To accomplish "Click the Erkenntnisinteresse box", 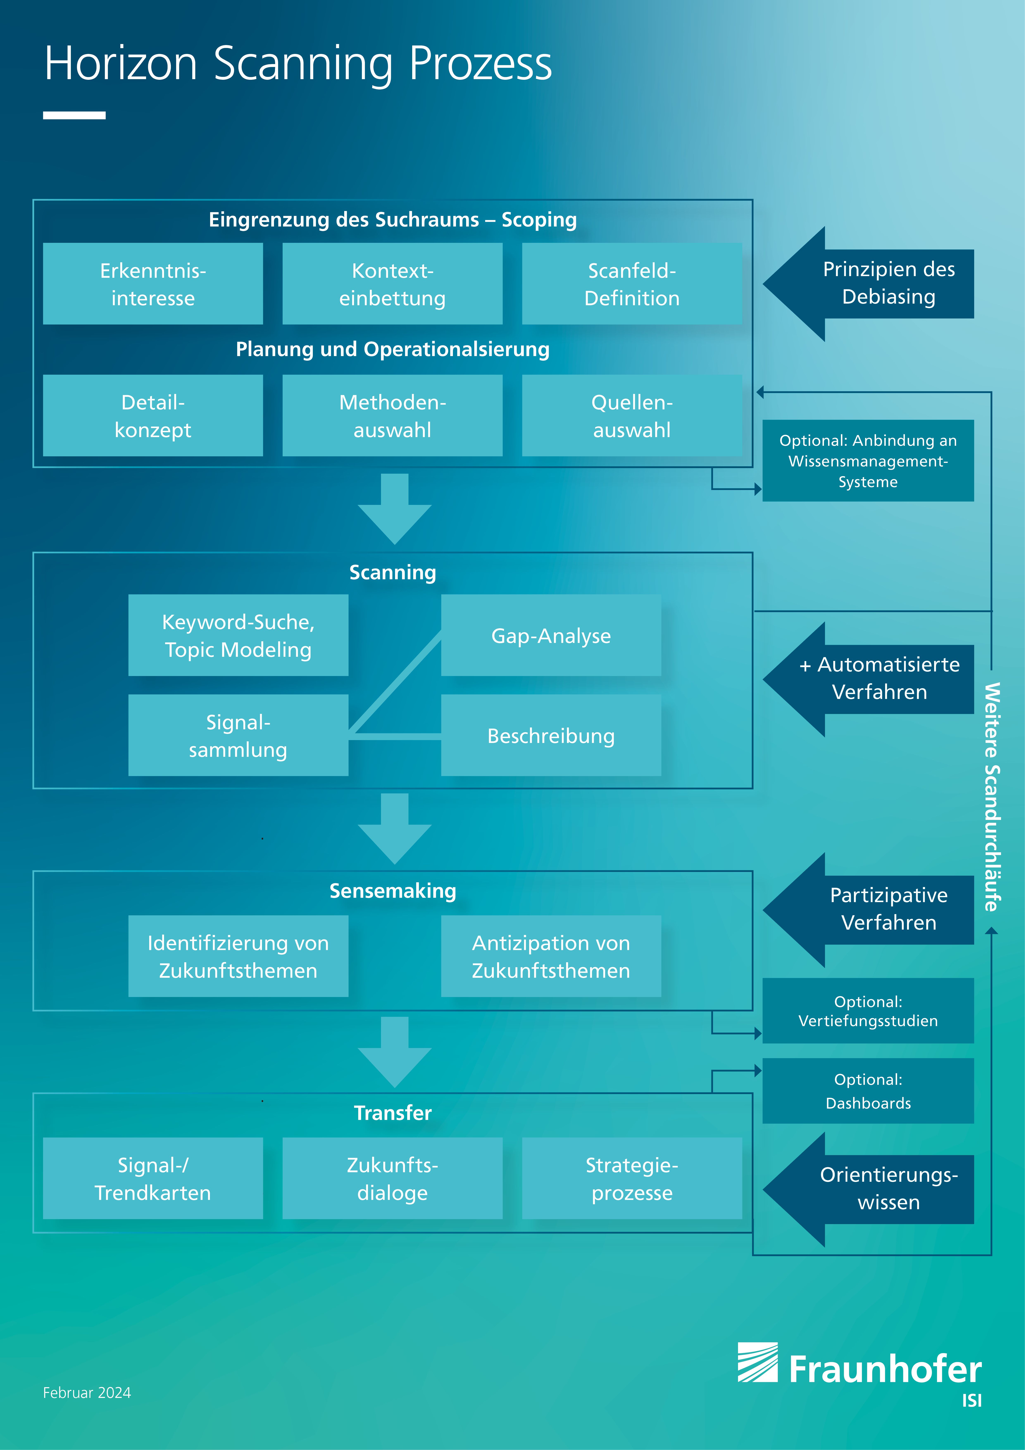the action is [x=153, y=284].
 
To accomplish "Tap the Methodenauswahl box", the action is [x=392, y=416].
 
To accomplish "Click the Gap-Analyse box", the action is [x=551, y=635].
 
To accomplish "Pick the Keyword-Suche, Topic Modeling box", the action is [x=238, y=635].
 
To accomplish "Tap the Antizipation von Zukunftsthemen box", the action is [x=551, y=956].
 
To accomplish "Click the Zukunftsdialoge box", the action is [x=392, y=1178].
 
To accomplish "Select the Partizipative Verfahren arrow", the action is [x=868, y=910].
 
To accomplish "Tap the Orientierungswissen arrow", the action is [x=868, y=1189].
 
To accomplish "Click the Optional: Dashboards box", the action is [x=868, y=1091].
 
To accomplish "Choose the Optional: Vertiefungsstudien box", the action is [x=868, y=1010].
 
